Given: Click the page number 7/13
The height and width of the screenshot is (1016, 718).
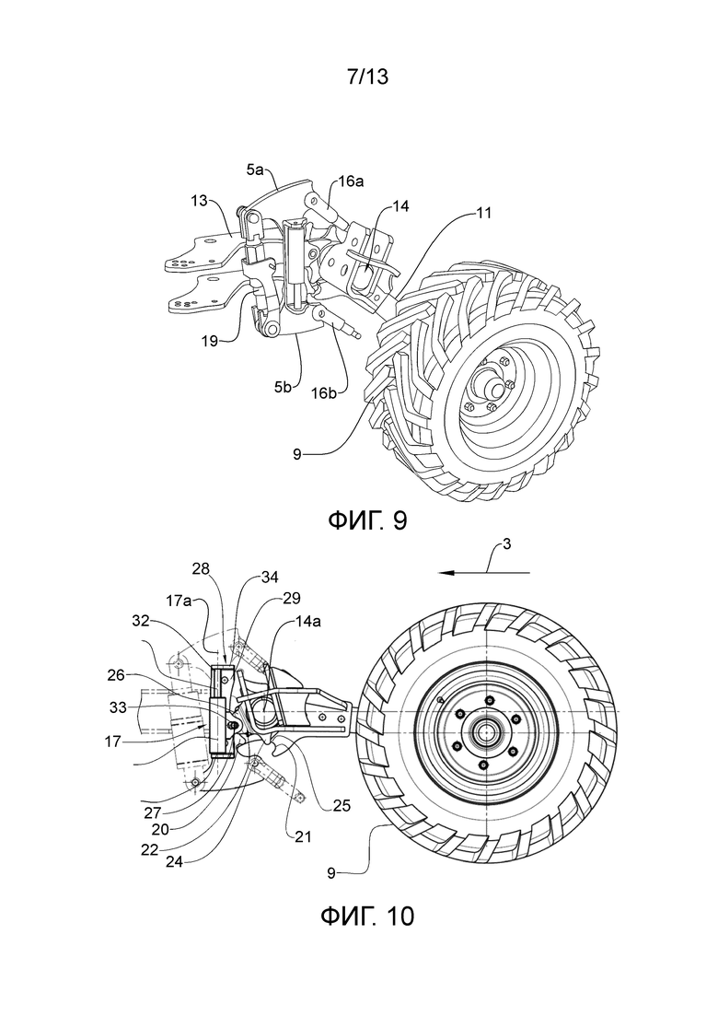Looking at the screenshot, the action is point(367,77).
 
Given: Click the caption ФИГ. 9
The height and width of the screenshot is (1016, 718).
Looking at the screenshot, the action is point(367,520).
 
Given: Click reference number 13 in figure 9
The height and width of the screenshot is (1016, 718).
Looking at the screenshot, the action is point(200,200).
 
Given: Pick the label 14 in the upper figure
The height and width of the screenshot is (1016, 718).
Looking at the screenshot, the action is point(400,206).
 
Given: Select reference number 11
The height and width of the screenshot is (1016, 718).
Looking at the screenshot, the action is point(483,212).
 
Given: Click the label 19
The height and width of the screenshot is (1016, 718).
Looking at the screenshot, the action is point(209,341).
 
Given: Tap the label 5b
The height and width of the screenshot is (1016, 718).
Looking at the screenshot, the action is point(283,388).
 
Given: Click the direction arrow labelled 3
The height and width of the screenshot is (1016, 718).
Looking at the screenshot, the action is point(484,573).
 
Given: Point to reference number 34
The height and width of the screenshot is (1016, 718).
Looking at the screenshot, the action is point(270,577).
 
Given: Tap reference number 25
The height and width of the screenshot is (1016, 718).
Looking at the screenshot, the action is point(342,805).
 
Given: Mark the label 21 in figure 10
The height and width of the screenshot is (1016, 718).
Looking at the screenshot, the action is point(303,837).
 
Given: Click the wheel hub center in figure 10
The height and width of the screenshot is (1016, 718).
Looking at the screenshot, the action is point(484,732).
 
